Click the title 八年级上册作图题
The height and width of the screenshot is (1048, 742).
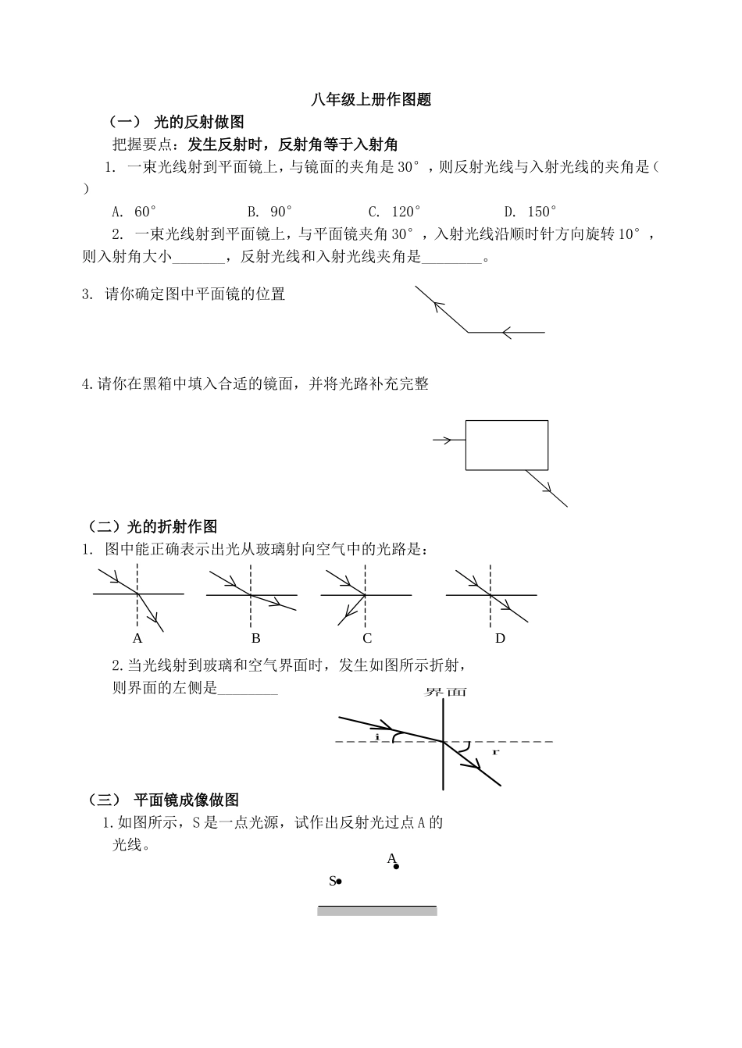(x=370, y=100)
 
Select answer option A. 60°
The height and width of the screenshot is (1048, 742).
(x=134, y=212)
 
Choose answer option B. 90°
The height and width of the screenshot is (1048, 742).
(x=270, y=212)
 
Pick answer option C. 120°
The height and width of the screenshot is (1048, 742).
(x=394, y=212)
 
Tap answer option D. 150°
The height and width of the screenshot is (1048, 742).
(x=530, y=212)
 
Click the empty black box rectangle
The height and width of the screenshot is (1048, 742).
(x=506, y=445)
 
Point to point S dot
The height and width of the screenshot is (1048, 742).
(x=339, y=882)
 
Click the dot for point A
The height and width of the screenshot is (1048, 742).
(x=396, y=866)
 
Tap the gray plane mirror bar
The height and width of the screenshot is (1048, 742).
(x=376, y=911)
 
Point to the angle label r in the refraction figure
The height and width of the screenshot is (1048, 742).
(x=495, y=752)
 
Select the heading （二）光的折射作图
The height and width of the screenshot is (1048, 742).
(x=152, y=527)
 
